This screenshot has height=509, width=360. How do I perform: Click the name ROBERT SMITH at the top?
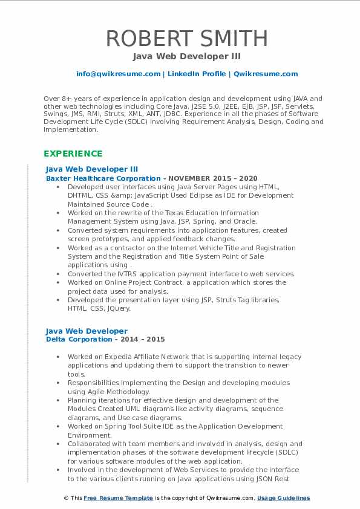[186, 38]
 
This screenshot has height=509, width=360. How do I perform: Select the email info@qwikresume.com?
[118, 74]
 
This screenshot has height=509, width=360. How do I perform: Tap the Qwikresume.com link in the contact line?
[266, 74]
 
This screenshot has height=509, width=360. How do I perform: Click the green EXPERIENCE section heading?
[73, 154]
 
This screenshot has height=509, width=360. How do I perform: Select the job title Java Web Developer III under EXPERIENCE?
[92, 169]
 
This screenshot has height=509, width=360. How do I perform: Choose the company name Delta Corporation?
[79, 340]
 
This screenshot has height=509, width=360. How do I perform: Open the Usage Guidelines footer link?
[283, 498]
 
